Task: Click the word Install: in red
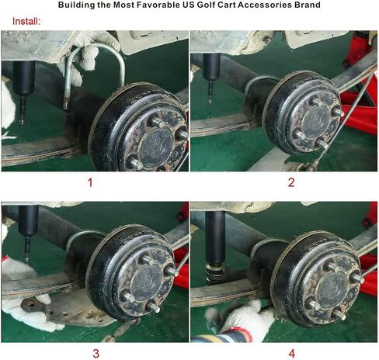coord(26,21)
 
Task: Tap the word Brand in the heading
coord(307,5)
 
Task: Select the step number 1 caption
coord(90,182)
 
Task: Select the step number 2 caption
coord(291,182)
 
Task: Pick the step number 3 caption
coord(96,353)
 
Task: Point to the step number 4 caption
coord(292,353)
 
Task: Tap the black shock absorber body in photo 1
coord(23,78)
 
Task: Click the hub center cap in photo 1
coord(156,148)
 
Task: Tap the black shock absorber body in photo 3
coord(29,220)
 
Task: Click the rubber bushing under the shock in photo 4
coord(215,273)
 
